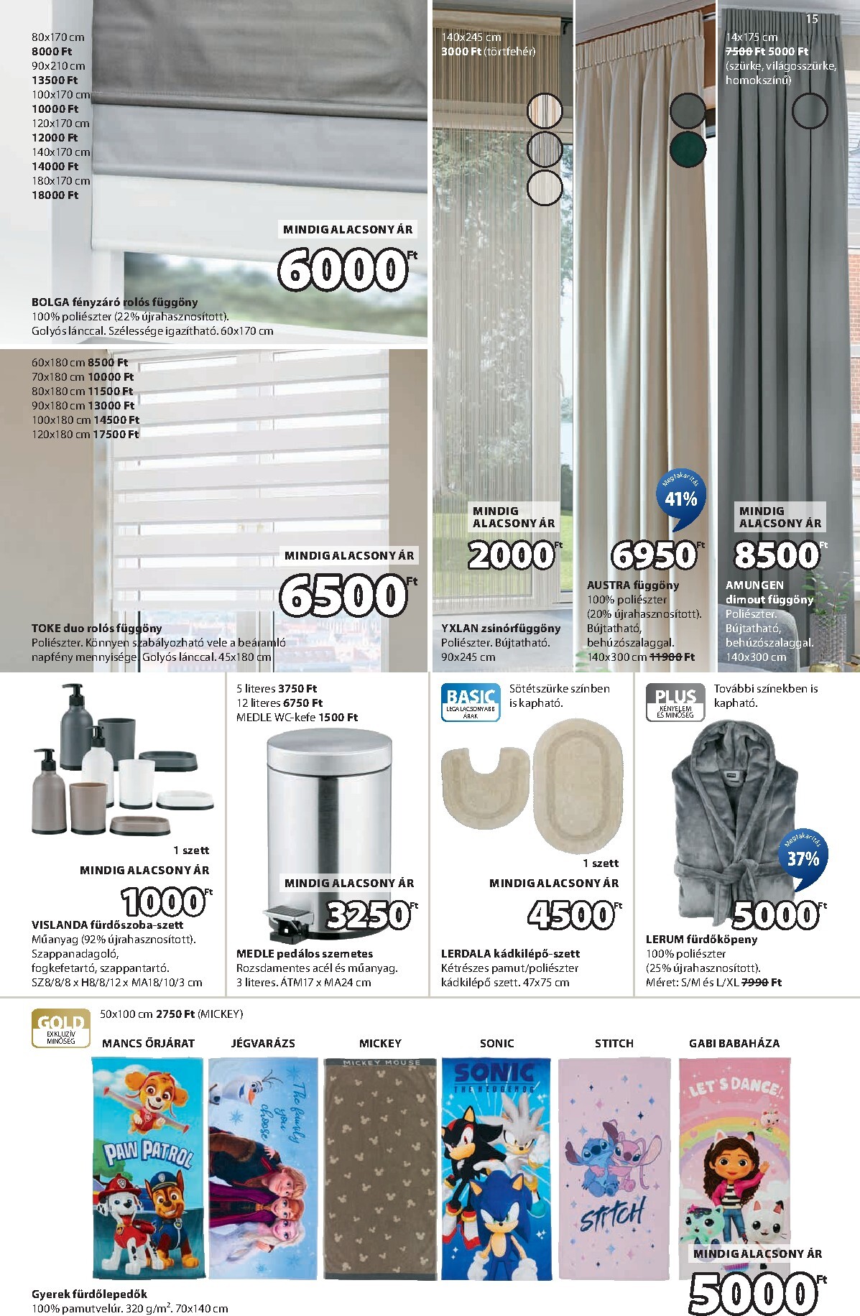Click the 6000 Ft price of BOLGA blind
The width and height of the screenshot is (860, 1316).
[x=343, y=270]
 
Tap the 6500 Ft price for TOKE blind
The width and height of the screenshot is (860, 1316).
[x=343, y=595]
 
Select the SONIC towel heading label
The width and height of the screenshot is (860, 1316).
[x=496, y=1043]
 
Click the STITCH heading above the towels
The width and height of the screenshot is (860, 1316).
[x=614, y=1043]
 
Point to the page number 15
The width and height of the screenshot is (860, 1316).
[x=812, y=19]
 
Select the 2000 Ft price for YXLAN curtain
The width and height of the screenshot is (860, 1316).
[x=512, y=555]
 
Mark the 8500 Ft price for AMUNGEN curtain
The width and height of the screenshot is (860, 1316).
[x=777, y=555]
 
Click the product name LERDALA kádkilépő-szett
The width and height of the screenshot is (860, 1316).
[x=510, y=953]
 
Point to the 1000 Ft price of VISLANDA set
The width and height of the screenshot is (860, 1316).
[x=164, y=902]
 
